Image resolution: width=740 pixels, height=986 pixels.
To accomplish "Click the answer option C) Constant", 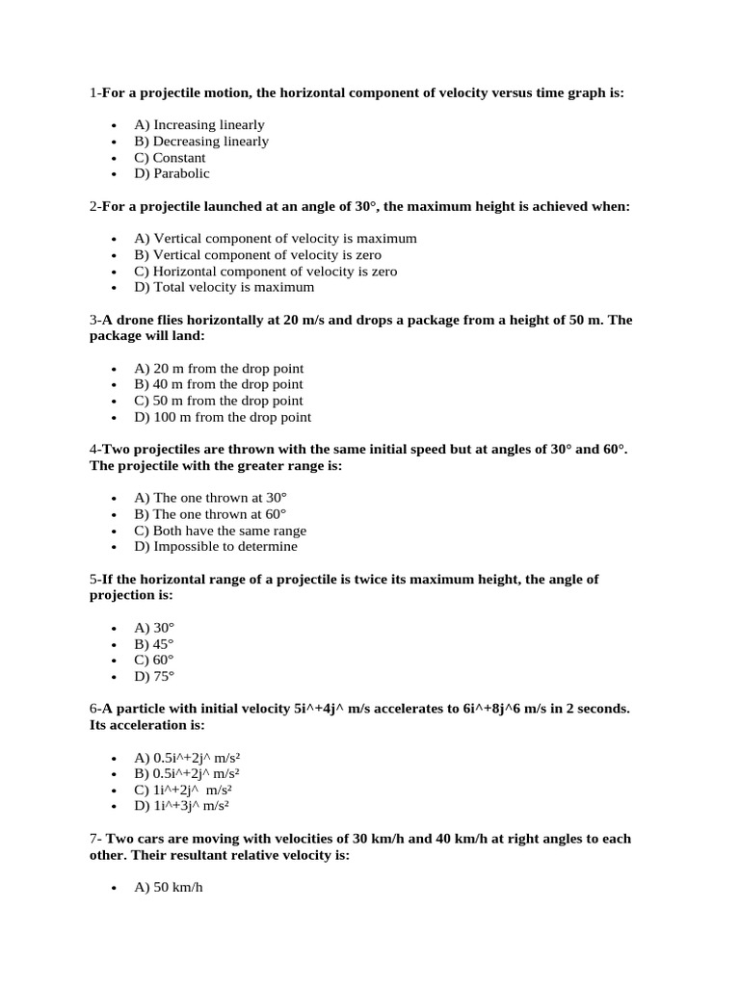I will click(x=170, y=157).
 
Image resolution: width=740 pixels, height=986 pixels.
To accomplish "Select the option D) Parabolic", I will click(x=172, y=173).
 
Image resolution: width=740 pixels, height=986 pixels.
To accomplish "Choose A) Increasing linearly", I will click(x=198, y=124).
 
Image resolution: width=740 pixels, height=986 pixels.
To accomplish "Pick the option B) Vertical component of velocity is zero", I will click(x=257, y=255).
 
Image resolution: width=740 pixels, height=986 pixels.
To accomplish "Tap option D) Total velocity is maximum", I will click(x=224, y=287).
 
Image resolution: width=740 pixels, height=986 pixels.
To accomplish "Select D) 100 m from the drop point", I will click(x=223, y=417).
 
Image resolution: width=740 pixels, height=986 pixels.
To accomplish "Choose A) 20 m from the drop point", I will click(x=219, y=368).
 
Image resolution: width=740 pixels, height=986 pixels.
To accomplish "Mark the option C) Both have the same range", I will click(x=220, y=531).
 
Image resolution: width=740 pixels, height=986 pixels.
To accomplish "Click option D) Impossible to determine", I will click(x=216, y=546).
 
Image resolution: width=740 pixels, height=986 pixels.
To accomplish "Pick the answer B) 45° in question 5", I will click(x=154, y=643).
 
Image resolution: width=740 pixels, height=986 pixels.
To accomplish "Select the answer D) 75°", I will click(x=154, y=676).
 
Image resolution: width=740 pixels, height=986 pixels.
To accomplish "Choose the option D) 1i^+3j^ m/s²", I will click(x=181, y=805).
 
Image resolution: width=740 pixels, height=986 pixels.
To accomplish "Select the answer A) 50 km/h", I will click(x=169, y=887).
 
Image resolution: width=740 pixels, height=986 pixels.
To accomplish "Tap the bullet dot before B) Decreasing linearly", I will click(x=114, y=142).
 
